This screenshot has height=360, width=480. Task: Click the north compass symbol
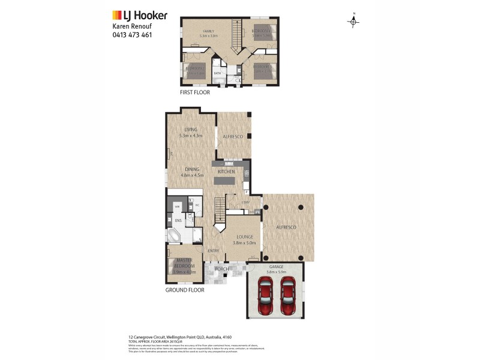tap(354, 21)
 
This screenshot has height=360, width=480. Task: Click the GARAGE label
tap(277, 266)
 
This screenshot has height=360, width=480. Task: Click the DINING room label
tap(191, 169)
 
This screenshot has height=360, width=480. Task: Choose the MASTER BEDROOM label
tap(184, 262)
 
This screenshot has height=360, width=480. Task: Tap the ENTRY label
tap(213, 251)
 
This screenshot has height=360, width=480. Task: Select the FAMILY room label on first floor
tap(208, 31)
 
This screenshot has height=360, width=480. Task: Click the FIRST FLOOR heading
tap(195, 92)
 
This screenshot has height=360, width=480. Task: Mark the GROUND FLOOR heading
tap(185, 290)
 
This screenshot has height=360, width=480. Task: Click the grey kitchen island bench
tap(226, 180)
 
